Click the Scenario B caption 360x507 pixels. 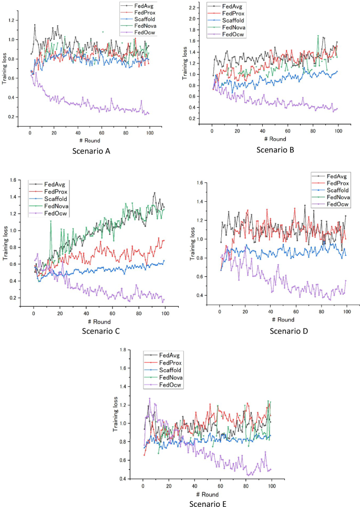tap(275, 150)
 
